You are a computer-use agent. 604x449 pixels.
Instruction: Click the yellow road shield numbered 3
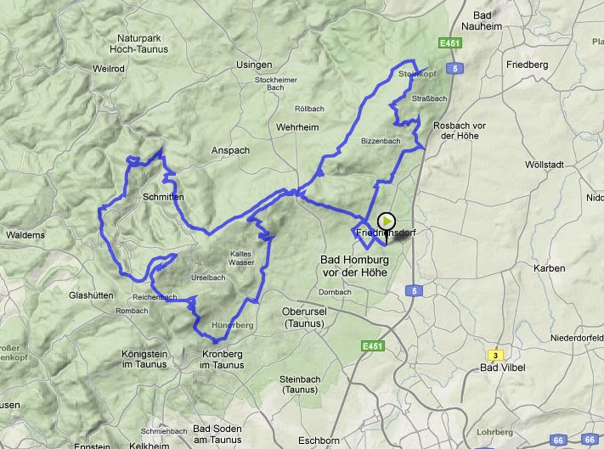point(494,355)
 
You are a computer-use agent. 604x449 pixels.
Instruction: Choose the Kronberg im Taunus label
point(209,359)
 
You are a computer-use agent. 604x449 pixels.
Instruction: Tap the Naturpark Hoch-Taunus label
point(143,44)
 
